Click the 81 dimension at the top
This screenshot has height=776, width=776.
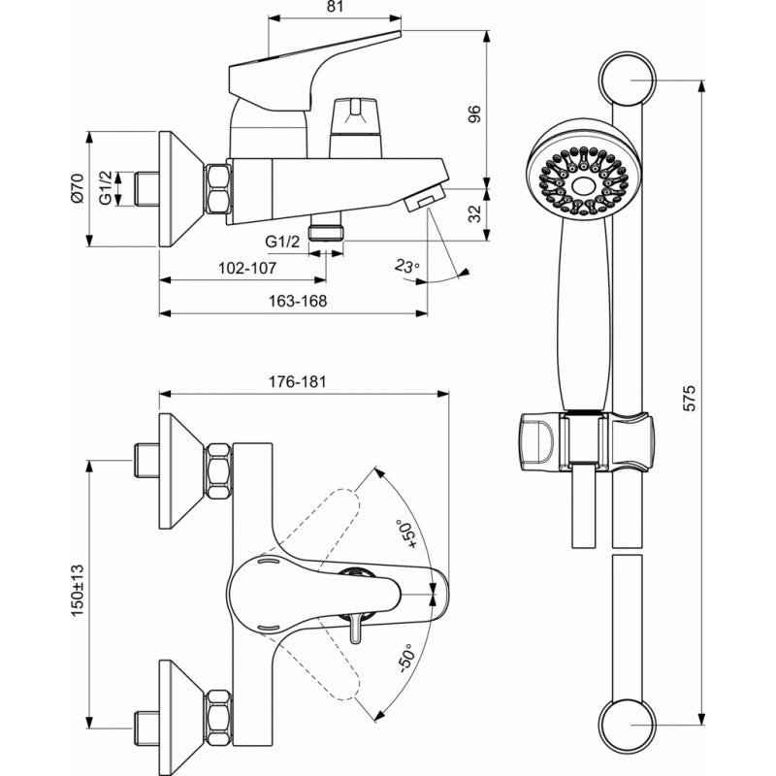click(335, 7)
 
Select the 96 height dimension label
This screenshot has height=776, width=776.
click(474, 114)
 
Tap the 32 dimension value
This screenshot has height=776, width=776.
click(474, 213)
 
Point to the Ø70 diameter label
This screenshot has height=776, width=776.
click(78, 188)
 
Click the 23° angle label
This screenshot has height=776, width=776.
click(407, 266)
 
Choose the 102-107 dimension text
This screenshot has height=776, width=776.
click(247, 268)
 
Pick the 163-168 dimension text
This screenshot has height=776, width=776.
click(298, 301)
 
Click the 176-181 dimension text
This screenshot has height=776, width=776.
click(298, 381)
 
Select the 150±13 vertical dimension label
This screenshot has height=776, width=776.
click(78, 591)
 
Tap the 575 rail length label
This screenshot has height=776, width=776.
click(689, 398)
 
